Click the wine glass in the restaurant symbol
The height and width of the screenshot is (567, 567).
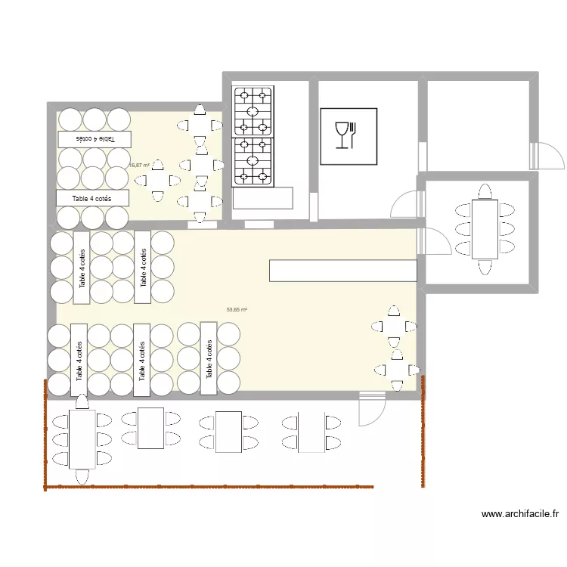click(342, 134)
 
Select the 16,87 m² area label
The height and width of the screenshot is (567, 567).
click(138, 165)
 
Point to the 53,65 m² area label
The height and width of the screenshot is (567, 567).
click(237, 309)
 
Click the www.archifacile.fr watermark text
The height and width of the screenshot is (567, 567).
click(520, 514)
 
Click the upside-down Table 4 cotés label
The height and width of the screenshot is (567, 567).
click(94, 139)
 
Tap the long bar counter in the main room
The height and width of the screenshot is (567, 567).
click(342, 271)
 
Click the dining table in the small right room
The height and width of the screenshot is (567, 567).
click(485, 228)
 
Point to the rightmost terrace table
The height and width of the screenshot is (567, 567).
click(310, 432)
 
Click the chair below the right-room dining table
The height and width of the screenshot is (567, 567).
click(485, 266)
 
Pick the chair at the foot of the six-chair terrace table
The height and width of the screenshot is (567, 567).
click(82, 476)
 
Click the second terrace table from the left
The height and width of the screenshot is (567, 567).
click(151, 428)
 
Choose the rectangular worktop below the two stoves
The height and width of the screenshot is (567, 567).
click(263, 198)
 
